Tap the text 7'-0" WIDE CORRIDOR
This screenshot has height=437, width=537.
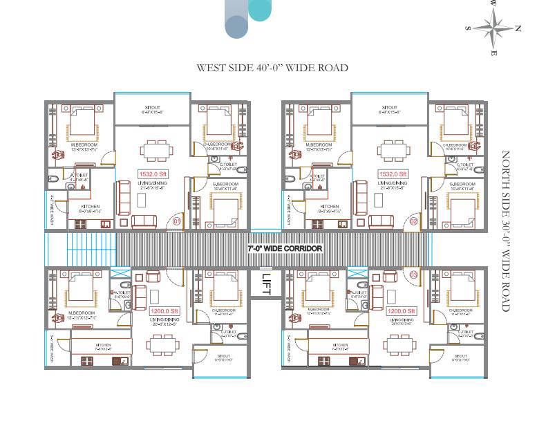[285, 248]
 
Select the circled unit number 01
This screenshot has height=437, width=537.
[176, 221]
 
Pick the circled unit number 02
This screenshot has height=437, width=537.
[413, 221]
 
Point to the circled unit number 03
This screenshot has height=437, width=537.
[413, 275]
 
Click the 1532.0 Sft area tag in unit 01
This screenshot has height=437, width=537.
[153, 174]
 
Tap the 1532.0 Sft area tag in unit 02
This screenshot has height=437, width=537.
[393, 174]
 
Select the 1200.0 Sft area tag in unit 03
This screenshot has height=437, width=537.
[402, 311]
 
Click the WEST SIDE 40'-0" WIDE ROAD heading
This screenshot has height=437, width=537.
[272, 68]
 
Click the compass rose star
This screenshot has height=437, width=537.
[493, 28]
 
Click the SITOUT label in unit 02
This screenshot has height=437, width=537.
[389, 109]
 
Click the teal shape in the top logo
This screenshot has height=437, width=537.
[260, 10]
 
